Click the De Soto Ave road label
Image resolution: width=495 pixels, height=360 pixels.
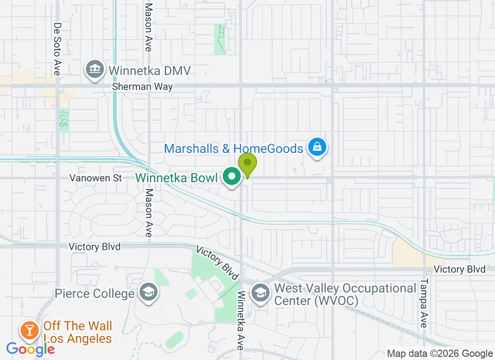57,49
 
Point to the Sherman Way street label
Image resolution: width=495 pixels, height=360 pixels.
142,86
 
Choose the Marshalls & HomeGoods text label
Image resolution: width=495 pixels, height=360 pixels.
234,148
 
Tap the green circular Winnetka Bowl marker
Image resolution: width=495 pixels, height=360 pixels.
232,177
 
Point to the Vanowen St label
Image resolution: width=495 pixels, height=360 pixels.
95,178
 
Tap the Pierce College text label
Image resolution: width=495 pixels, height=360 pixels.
94,294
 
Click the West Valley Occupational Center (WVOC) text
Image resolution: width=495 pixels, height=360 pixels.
345,294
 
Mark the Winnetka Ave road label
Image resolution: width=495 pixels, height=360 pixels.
241,320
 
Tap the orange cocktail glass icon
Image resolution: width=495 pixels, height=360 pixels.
30,331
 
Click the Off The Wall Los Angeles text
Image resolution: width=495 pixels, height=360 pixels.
77,332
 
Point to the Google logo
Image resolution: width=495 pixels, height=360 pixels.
30,349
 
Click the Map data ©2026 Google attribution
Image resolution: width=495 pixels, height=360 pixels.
440,354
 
